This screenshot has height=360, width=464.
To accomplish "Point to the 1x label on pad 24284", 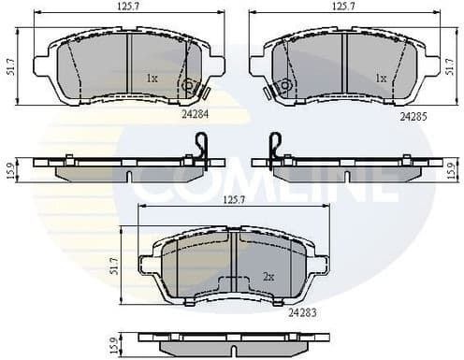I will pyautogui.click(x=152, y=79).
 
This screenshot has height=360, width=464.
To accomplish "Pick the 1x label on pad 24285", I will pyautogui.click(x=381, y=79).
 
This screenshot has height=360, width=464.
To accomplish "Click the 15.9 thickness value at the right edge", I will pyautogui.click(x=451, y=170).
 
